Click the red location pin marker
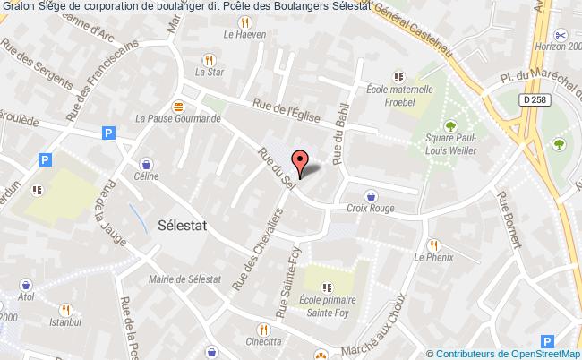pyautogui.click(x=302, y=162)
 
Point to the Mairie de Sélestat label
pyautogui.click(x=184, y=280)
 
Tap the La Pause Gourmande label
pyautogui.click(x=177, y=116)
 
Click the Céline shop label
pyautogui.click(x=147, y=176)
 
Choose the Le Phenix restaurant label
pyautogui.click(x=431, y=257)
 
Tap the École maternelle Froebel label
pyautogui.click(x=400, y=94)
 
